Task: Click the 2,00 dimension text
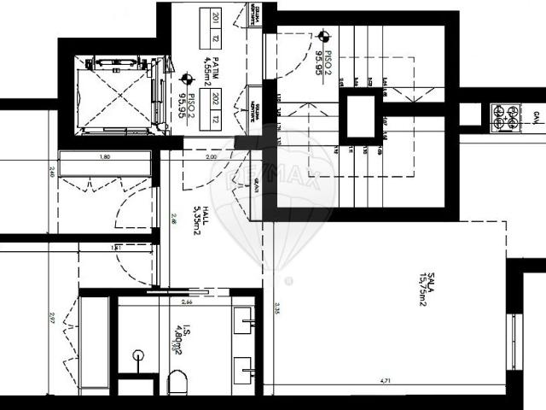(210, 158)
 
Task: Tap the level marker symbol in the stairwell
(322, 37)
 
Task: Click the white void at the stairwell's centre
(359, 119)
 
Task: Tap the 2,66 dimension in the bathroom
(186, 301)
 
